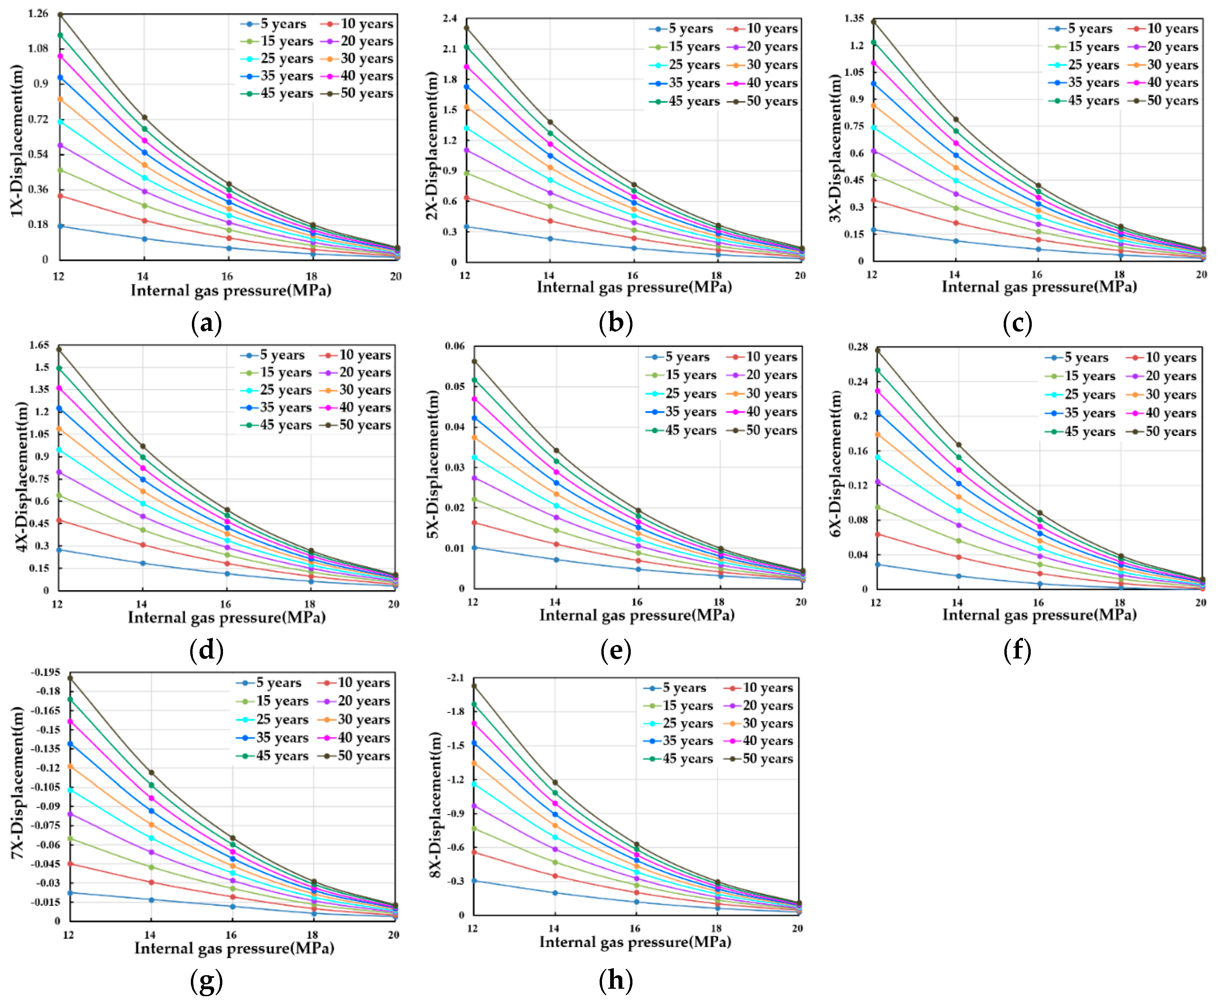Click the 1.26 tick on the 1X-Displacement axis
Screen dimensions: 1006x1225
coord(38,13)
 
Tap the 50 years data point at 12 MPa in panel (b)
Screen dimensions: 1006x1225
coord(466,28)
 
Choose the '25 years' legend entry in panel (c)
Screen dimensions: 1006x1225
coord(1093,65)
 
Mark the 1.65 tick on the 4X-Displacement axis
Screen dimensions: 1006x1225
coord(39,345)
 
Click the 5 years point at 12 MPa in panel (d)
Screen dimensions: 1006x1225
coord(59,550)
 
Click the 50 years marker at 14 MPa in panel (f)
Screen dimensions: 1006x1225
coord(958,445)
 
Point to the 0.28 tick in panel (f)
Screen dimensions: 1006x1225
coord(857,347)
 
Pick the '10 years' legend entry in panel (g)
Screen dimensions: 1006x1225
coord(364,683)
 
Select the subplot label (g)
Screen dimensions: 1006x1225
coord(206,981)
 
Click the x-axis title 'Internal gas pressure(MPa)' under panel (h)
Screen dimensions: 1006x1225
coord(635,942)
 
